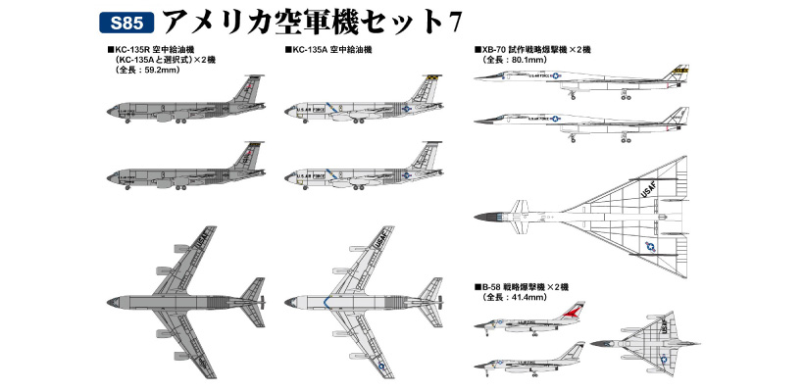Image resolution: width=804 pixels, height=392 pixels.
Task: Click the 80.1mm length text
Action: point(514,60)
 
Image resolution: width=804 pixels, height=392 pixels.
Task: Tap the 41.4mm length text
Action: point(514,297)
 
